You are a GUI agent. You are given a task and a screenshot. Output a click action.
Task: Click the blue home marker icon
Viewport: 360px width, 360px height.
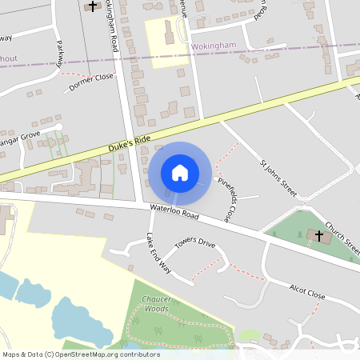180,172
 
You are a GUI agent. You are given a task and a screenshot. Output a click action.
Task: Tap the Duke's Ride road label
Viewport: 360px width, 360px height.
129,146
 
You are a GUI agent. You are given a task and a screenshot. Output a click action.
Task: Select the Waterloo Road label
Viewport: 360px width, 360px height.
174,214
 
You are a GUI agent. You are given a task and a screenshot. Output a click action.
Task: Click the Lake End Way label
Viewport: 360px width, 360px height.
158,254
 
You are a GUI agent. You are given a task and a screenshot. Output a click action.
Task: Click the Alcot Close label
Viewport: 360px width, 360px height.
307,291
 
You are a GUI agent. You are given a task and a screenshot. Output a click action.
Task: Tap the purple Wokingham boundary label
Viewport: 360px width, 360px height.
214,46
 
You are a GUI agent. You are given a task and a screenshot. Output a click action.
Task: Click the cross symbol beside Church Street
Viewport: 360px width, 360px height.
319,236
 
